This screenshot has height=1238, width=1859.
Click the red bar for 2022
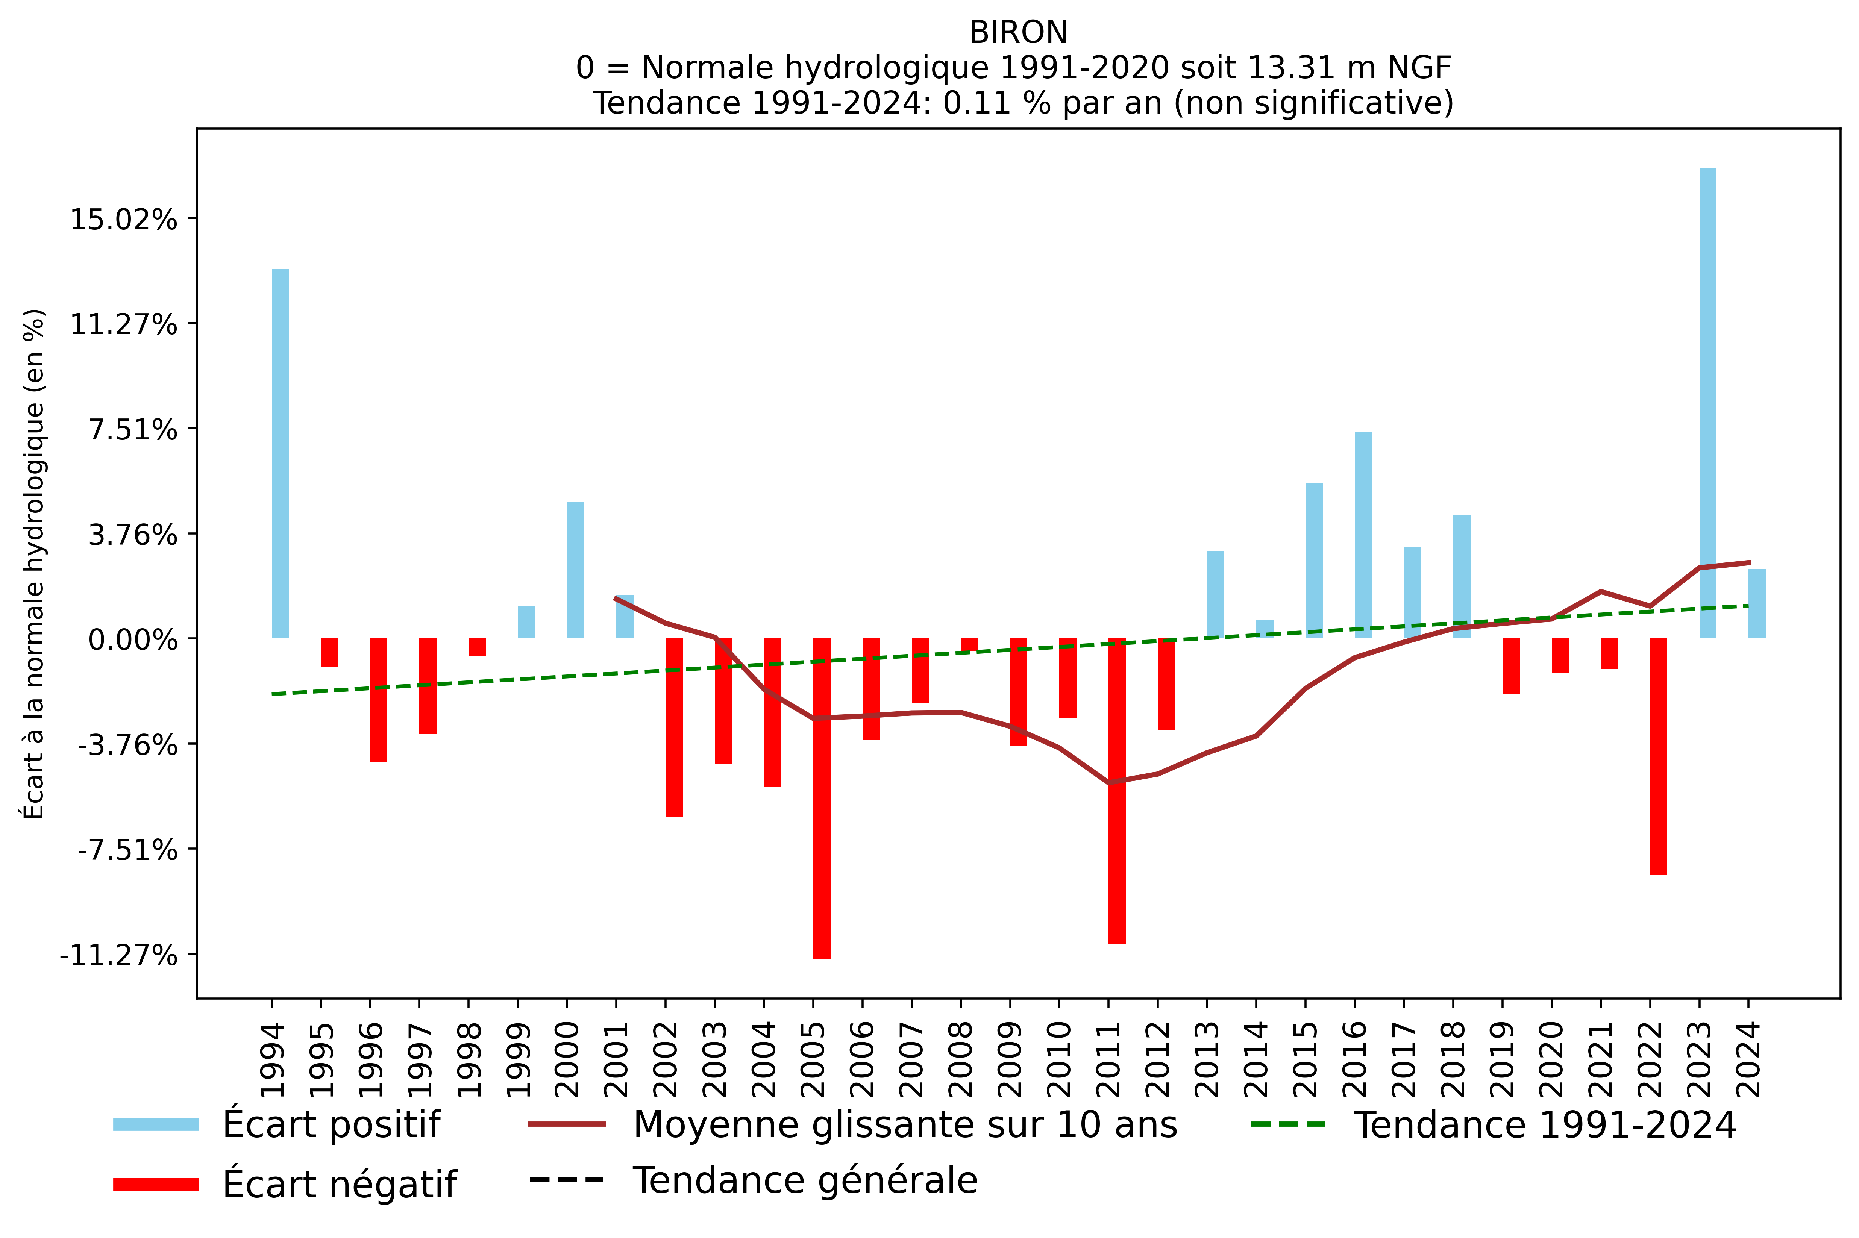coord(1659,756)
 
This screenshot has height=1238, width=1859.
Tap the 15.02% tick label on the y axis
coord(124,220)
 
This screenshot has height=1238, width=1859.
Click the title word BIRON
coord(1018,32)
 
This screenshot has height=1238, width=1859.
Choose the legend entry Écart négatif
coord(339,1184)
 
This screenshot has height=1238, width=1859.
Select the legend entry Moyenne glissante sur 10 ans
coord(904,1124)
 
